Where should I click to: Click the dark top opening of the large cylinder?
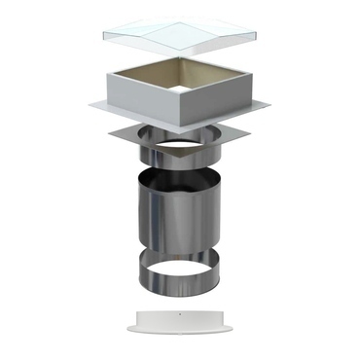(x=184, y=178)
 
